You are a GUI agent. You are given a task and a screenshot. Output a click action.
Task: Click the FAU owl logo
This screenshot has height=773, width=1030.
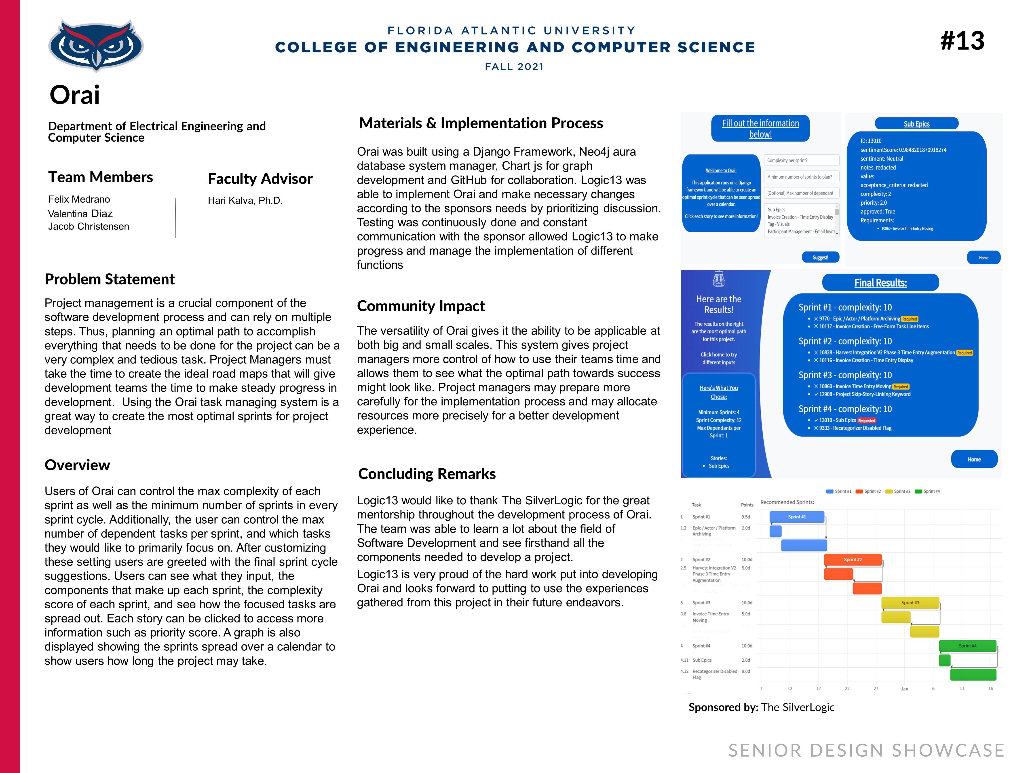point(96,46)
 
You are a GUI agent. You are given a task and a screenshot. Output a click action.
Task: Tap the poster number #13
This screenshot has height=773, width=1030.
point(962,41)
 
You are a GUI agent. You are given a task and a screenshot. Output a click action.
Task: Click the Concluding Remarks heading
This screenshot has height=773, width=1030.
point(426,474)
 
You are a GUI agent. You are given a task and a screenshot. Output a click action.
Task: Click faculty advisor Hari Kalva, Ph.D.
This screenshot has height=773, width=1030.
point(245,200)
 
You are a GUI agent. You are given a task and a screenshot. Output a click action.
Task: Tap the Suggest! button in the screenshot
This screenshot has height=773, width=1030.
point(820,257)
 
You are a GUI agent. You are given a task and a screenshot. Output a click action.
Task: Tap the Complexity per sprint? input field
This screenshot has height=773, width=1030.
point(801,160)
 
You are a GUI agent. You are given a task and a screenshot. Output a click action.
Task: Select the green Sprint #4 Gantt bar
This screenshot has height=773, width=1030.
point(967,646)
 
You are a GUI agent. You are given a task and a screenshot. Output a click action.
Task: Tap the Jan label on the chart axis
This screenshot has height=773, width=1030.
point(904,689)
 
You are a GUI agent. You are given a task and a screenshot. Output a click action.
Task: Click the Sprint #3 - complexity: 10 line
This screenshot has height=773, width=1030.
point(845,375)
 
